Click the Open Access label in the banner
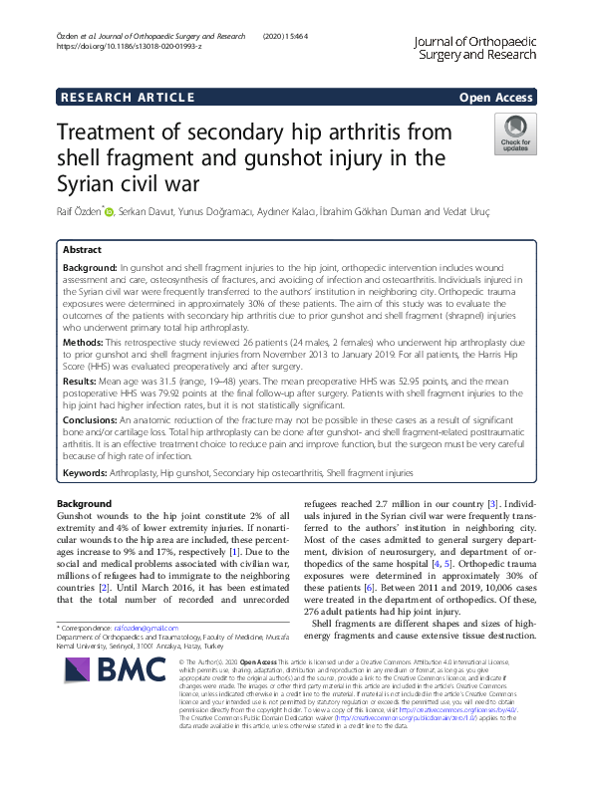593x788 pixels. (495, 98)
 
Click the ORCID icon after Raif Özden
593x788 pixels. (110, 211)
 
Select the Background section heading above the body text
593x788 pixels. (86, 504)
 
